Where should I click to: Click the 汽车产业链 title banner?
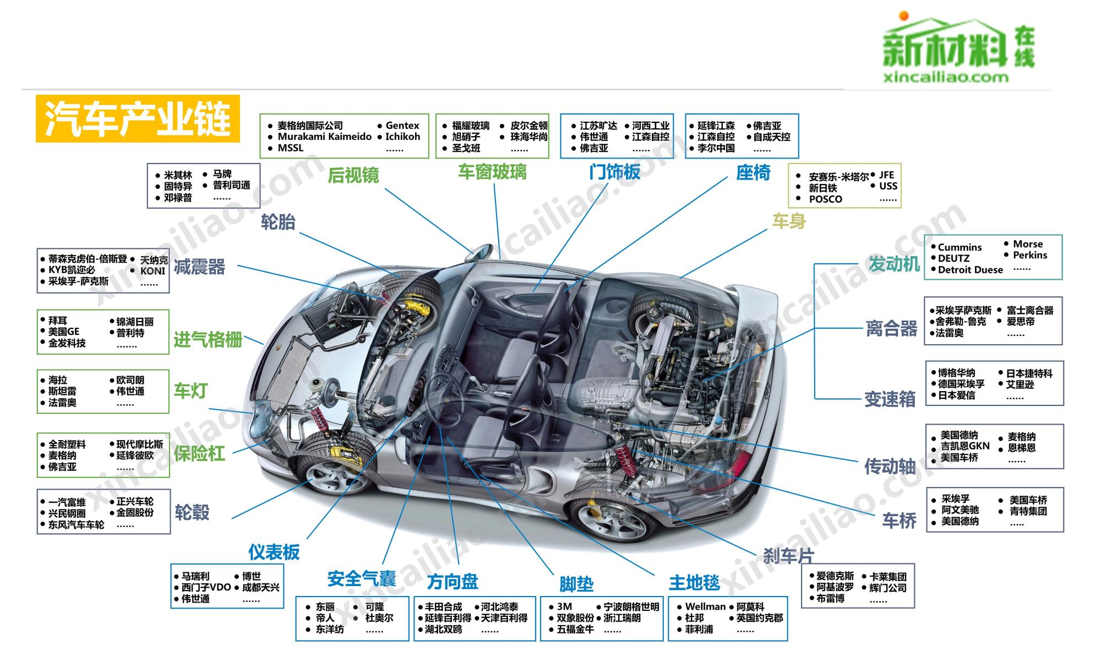click(138, 119)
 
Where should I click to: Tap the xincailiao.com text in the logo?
click(945, 77)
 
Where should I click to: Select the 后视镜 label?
click(353, 175)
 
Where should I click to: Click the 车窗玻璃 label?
click(492, 172)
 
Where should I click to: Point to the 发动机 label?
click(893, 264)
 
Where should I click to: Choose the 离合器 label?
click(891, 329)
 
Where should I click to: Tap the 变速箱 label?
click(890, 399)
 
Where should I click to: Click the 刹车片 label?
click(788, 556)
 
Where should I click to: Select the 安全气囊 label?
click(361, 579)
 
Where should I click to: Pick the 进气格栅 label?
click(208, 340)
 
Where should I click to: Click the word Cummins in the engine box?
click(960, 247)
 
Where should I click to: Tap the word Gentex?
click(402, 126)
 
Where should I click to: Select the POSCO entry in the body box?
click(825, 199)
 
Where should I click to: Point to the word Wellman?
click(705, 606)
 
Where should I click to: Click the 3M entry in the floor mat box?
click(564, 606)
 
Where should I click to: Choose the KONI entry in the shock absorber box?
click(152, 271)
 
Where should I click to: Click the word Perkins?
click(1029, 255)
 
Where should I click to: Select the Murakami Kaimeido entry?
click(324, 137)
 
